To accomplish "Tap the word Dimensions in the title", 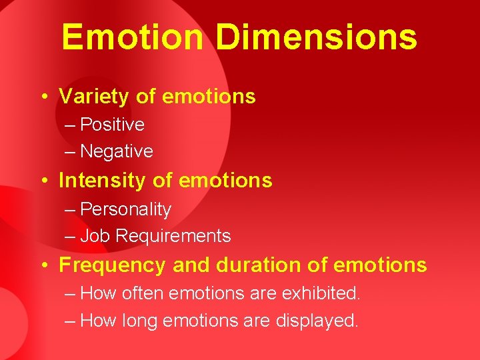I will [x=315, y=37].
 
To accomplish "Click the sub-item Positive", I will [x=112, y=125].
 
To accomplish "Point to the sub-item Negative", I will [x=117, y=151].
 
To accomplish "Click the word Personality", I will [x=125, y=209].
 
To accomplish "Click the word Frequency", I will [x=113, y=265].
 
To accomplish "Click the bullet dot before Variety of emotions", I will [x=43, y=97].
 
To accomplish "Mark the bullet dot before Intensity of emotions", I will [x=43, y=181].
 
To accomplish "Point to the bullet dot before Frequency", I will [x=43, y=266].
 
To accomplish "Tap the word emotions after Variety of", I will [x=209, y=97].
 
